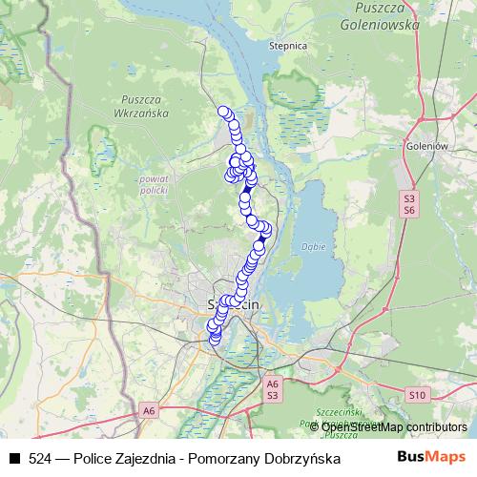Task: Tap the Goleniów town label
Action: [427, 146]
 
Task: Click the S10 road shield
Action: [416, 394]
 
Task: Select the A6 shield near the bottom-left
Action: [148, 411]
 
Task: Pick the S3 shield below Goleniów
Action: [409, 197]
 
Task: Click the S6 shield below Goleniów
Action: [409, 209]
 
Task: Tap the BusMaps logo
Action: [432, 458]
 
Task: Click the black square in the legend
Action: [13, 459]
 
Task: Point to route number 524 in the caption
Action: [40, 459]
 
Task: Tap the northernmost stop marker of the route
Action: [223, 112]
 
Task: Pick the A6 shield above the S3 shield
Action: [272, 383]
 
